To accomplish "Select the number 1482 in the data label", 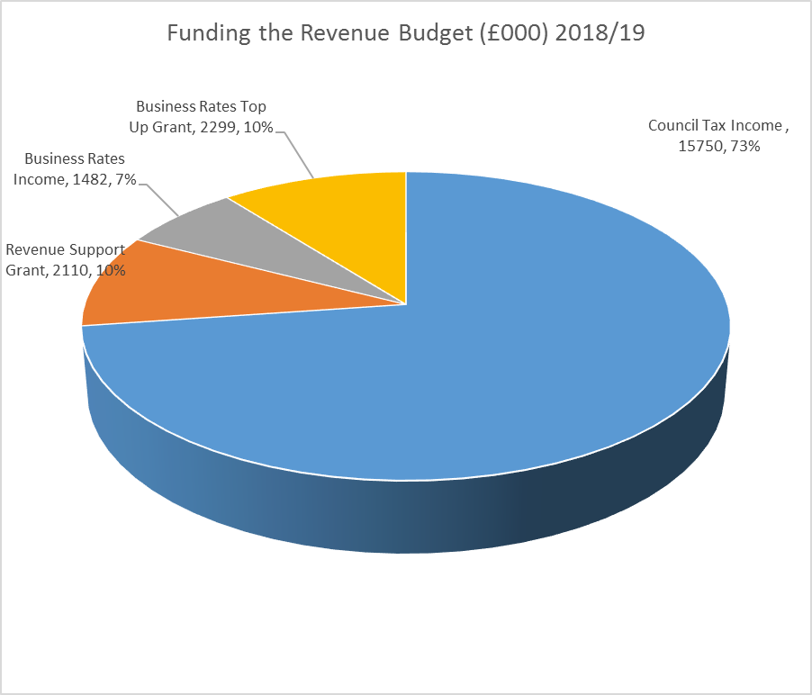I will click(91, 179).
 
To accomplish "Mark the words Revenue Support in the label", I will click(65, 250).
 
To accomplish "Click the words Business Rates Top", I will click(201, 107).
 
